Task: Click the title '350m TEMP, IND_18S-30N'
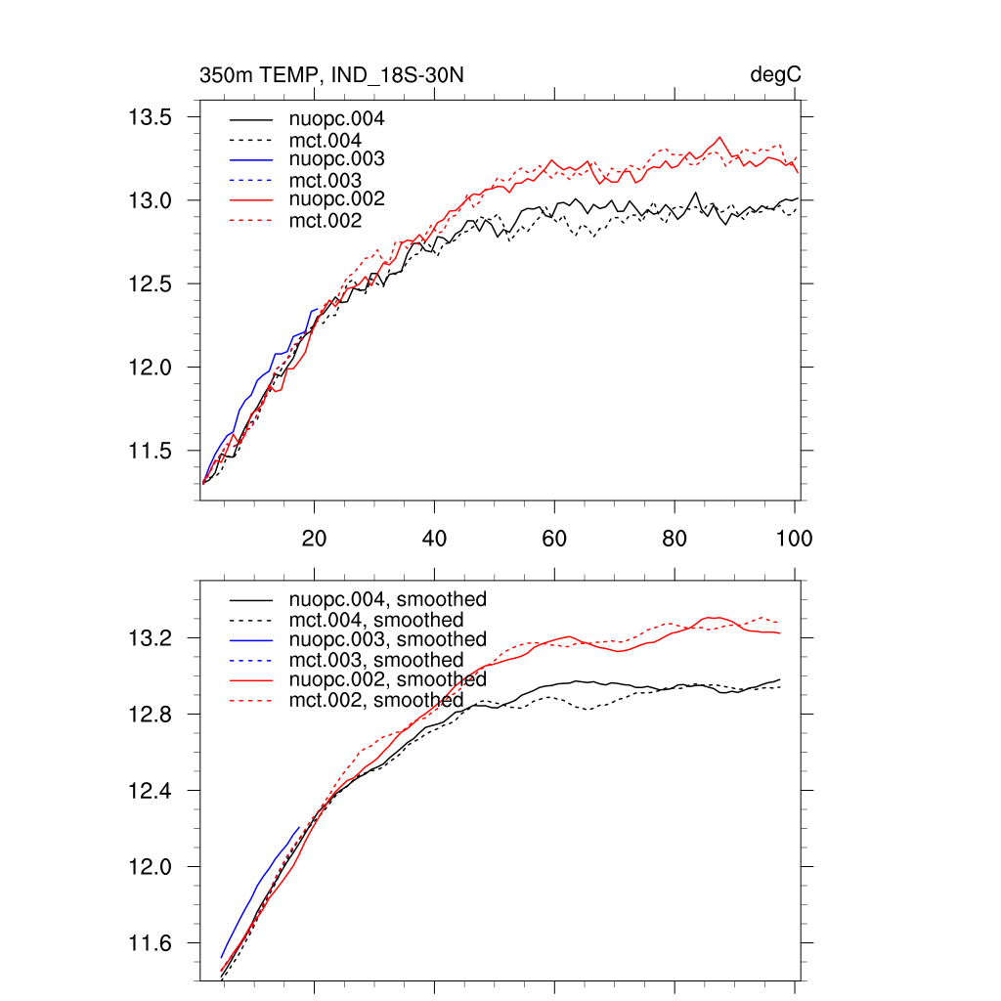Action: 324,74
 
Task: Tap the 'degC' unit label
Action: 777,74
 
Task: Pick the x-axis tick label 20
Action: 314,539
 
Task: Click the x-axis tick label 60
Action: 554,539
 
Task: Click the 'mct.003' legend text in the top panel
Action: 332,181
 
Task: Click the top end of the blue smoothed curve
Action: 298,827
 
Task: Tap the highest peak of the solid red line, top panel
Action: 720,137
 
